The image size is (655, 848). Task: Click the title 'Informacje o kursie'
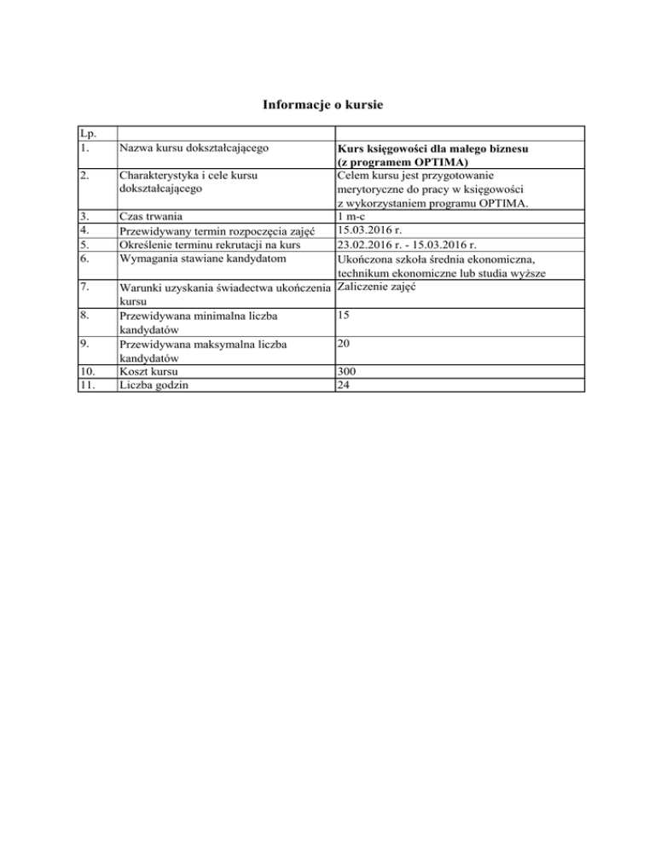tap(327, 106)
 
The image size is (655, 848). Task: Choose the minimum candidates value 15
tap(344, 315)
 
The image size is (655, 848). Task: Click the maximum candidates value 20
tap(344, 343)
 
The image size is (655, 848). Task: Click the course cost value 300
tap(347, 371)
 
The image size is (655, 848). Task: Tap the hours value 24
tap(344, 385)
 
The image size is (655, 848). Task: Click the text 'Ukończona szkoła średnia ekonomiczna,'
tap(436, 258)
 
